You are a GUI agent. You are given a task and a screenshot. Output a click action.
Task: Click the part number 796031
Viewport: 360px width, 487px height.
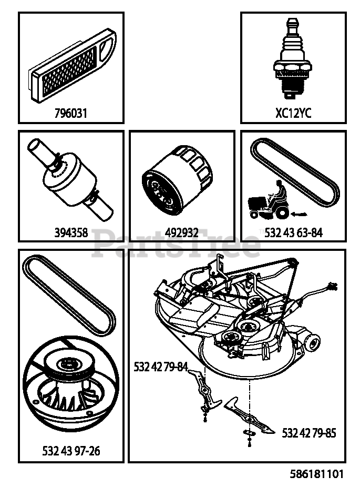71,113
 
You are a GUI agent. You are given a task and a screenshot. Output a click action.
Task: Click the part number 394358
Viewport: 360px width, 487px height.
71,232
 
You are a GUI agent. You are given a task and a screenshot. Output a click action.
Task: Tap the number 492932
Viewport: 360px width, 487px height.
182,232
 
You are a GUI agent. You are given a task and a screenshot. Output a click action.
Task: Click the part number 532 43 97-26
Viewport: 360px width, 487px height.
71,451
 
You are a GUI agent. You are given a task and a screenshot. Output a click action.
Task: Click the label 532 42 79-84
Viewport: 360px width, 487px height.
161,368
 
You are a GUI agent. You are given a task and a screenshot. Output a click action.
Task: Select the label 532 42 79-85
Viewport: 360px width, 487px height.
309,433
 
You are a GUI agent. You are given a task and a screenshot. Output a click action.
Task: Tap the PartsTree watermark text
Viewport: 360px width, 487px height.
176,244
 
